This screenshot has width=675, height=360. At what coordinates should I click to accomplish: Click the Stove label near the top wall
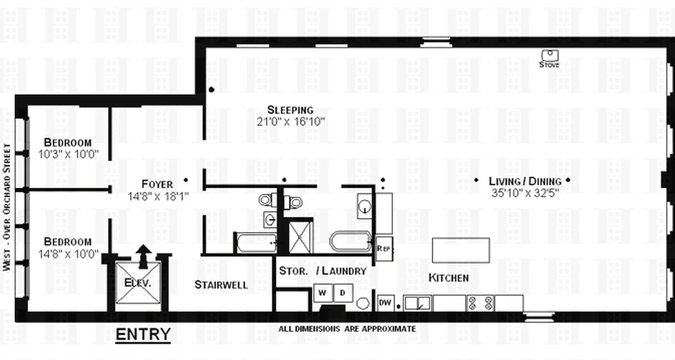(549, 64)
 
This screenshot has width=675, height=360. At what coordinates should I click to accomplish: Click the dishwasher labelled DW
(385, 303)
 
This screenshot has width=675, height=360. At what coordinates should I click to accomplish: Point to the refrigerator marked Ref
(384, 248)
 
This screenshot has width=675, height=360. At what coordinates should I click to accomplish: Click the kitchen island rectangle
(461, 250)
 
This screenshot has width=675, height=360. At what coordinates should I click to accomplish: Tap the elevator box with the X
(138, 283)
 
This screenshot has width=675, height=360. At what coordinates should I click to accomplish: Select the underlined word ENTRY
(143, 334)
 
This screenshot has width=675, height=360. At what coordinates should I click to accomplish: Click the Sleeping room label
(290, 109)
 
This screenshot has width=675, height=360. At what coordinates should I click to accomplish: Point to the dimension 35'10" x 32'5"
(525, 193)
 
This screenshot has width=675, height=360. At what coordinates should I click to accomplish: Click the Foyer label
(157, 184)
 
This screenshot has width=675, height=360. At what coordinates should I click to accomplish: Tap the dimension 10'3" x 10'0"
(69, 154)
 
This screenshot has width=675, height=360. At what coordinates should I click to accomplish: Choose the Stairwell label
(221, 284)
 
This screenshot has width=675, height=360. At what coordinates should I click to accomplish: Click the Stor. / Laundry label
(323, 271)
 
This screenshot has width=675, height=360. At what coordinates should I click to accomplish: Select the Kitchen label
(448, 278)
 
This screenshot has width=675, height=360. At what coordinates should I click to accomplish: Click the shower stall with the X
(300, 237)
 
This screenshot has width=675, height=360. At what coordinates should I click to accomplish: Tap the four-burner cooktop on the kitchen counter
(480, 303)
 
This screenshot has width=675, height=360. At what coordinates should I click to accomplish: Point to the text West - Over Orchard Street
(6, 207)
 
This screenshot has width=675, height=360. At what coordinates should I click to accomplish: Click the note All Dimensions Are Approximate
(347, 329)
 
